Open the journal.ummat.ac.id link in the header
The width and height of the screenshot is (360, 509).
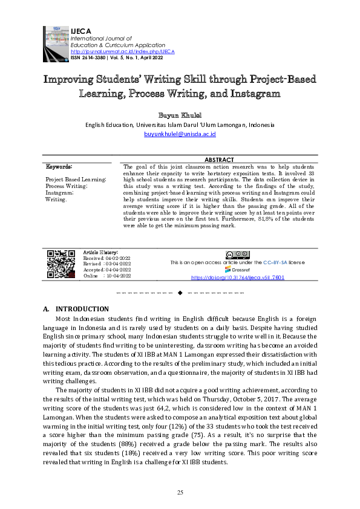coord(122,51)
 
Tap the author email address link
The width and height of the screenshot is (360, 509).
coord(180,135)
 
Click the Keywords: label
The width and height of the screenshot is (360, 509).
coord(59,166)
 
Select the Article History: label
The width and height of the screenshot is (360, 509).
coord(100,251)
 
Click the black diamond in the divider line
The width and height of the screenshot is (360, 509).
coord(180,293)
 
